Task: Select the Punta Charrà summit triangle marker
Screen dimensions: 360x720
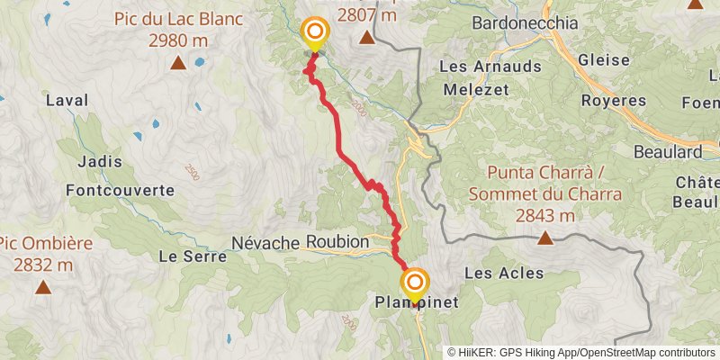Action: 544,238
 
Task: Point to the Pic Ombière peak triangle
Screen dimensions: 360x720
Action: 42,287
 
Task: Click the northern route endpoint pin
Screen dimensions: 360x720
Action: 315,33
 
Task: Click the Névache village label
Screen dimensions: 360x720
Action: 265,242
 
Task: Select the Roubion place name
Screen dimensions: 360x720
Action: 337,242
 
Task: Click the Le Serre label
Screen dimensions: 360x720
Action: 185,256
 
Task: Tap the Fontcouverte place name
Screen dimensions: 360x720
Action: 120,190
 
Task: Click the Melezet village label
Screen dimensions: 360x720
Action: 475,89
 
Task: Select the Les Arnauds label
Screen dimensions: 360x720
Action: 490,67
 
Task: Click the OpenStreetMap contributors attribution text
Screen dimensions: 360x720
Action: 645,353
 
